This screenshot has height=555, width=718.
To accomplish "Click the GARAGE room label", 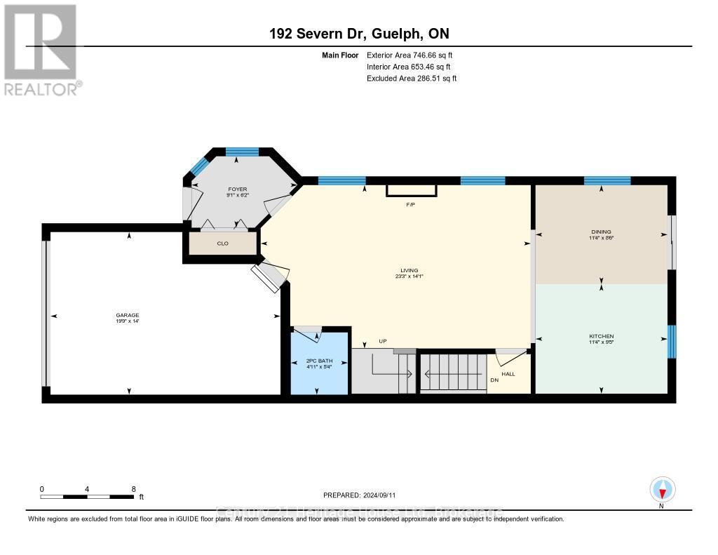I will tap(128, 315).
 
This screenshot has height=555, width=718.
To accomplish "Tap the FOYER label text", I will tap(234, 189).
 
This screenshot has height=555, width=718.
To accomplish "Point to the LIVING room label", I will tap(409, 270).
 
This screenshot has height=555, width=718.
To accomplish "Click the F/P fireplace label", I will tap(412, 205).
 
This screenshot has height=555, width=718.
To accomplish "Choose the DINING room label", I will tap(601, 232).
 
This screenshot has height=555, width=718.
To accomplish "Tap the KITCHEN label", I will tap(601, 337).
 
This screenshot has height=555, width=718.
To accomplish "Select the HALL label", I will tap(508, 374).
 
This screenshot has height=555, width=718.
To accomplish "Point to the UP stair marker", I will tap(383, 342).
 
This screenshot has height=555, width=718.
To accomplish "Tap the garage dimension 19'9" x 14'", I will tap(128, 321).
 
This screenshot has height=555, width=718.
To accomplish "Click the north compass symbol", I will tap(661, 488).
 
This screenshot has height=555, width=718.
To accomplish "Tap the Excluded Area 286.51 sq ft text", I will tap(412, 79).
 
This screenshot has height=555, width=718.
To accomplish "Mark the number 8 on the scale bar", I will tap(133, 489).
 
